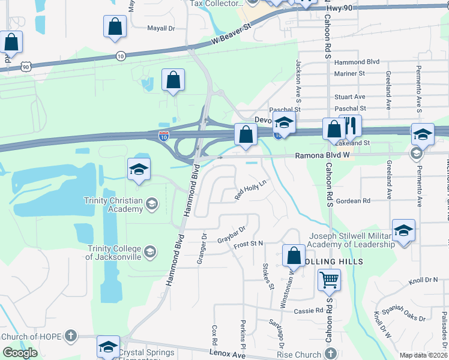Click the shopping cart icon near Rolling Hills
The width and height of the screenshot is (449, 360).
tap(329, 280)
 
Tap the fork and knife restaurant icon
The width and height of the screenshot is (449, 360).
tap(351, 127)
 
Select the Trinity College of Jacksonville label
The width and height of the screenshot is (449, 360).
tap(114, 253)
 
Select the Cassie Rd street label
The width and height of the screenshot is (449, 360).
tap(309, 311)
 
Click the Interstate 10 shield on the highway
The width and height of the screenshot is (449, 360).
tap(163, 136)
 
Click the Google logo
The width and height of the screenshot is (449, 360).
tap(20, 352)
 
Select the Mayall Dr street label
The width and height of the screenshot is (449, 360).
tap(161, 28)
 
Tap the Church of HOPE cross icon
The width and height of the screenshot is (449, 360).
tap(70, 336)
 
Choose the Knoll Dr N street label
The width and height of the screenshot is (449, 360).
tap(424, 280)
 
